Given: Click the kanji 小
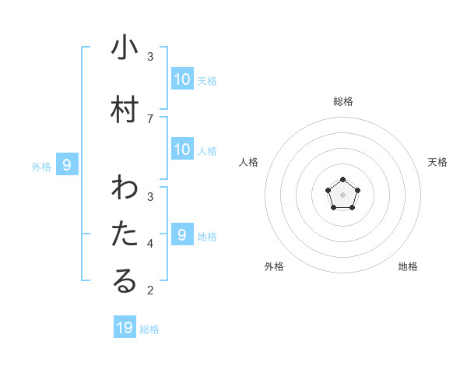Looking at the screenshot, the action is [x=125, y=48].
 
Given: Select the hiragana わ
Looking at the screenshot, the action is [x=125, y=188].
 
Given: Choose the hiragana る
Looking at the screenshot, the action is [x=125, y=282].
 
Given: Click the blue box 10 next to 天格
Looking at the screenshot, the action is [x=182, y=79].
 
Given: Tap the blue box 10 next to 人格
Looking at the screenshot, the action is [x=182, y=150].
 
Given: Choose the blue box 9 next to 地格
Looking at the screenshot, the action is [x=182, y=235].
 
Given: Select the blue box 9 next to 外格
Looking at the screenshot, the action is [x=67, y=165].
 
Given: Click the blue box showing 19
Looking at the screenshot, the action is [x=125, y=328].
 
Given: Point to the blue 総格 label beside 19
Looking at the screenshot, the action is [x=149, y=329].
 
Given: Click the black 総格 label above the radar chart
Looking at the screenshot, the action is [x=342, y=101].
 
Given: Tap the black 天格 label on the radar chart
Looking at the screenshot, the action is [x=437, y=162].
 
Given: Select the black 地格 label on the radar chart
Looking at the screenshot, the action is [x=408, y=266].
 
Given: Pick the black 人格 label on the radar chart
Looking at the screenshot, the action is [x=248, y=162].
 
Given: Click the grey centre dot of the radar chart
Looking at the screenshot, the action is [x=342, y=194].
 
